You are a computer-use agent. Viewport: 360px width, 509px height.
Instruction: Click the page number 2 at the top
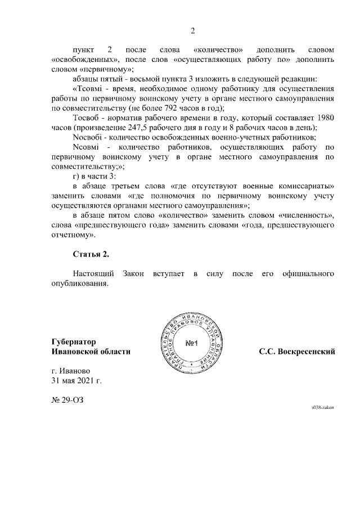pos(192,30)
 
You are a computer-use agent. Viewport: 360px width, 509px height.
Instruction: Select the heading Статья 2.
pos(91,255)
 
